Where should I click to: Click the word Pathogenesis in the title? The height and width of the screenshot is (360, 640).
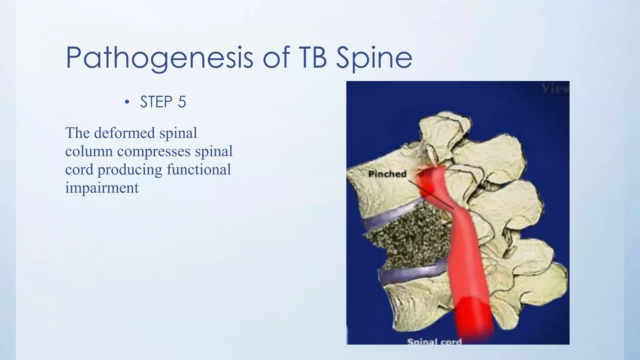[x=159, y=58]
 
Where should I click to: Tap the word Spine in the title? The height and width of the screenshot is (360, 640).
[x=374, y=58]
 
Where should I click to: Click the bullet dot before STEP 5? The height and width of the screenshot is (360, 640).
[x=127, y=102]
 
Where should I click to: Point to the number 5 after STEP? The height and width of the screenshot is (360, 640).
[x=182, y=102]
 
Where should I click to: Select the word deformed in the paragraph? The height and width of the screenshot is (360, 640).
[x=124, y=133]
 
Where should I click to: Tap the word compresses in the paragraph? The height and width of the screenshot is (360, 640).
[x=154, y=151]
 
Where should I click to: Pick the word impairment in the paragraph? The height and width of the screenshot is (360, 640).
[x=102, y=188]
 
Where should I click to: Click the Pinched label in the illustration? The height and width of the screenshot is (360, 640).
[x=387, y=174]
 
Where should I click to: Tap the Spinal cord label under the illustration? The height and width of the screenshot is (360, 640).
[x=434, y=341]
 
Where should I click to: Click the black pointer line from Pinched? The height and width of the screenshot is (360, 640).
[x=431, y=195]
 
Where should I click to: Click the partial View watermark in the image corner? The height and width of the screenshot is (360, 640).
[x=555, y=89]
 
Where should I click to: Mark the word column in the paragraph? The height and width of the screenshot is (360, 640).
[x=89, y=151]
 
